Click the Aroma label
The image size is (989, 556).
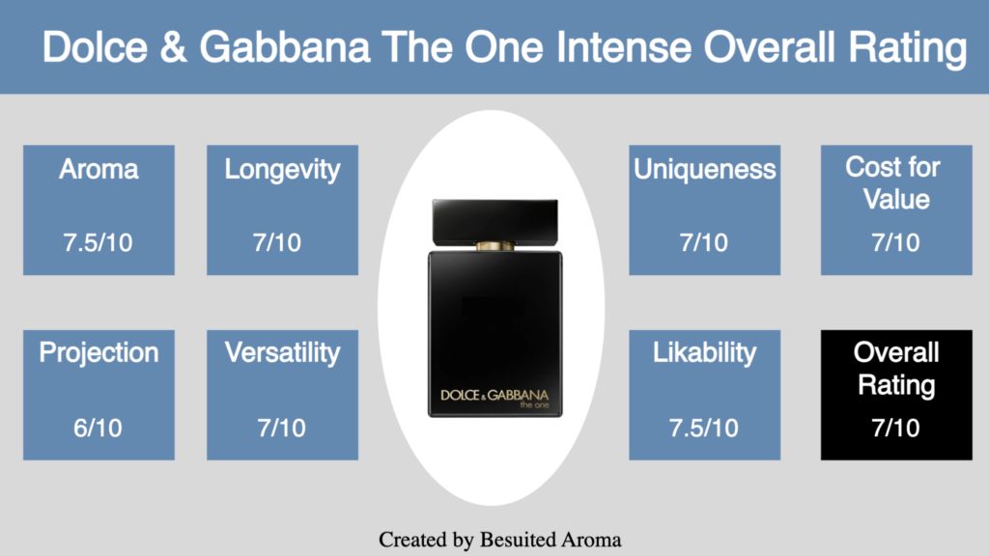[99, 169]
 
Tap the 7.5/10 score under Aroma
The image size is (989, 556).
[98, 242]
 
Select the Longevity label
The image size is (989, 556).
[282, 170]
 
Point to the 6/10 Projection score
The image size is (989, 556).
[98, 428]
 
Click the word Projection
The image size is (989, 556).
[99, 353]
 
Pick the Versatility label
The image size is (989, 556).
[282, 353]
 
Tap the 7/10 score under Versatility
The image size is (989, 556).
[281, 428]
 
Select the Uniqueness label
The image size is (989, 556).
[704, 170]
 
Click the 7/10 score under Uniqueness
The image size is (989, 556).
[704, 242]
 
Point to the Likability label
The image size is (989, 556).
[704, 353]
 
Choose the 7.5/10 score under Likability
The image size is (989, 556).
[704, 428]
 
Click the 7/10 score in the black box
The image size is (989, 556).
[895, 428]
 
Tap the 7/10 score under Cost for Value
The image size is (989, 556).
[895, 242]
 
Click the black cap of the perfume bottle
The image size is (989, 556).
[495, 221]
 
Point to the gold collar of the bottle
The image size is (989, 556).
[495, 246]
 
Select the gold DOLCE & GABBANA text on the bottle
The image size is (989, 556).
[494, 395]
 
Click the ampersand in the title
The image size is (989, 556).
[174, 47]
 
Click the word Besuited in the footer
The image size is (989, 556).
[518, 540]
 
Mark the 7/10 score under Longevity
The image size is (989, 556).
[277, 242]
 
